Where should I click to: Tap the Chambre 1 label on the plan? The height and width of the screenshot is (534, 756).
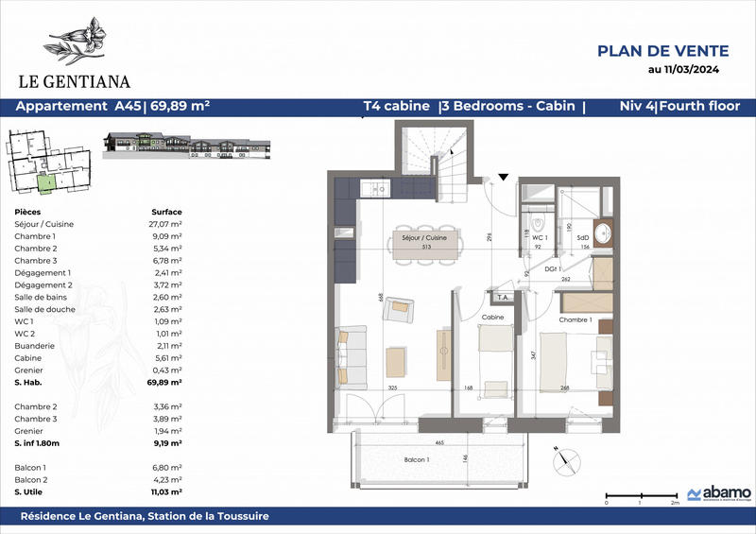coord(576,320)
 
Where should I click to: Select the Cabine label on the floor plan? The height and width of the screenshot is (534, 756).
coord(491,319)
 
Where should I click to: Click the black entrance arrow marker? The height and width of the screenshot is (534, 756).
coord(503,176)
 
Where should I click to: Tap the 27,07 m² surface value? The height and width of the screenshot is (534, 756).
coord(166,224)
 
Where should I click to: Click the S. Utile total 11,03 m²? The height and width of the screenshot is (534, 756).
coord(166,491)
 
